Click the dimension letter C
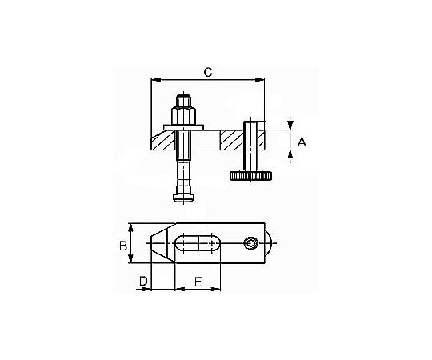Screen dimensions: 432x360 click(x=208, y=72)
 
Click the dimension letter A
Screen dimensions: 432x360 click(x=302, y=142)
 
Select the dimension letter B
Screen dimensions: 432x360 click(x=123, y=246)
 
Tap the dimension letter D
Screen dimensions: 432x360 click(x=143, y=282)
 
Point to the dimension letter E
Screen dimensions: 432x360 click(x=198, y=282)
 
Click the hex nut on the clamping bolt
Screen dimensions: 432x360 click(x=183, y=117)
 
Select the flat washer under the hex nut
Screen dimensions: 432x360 click(x=183, y=127)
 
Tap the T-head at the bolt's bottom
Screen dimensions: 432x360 click(x=183, y=198)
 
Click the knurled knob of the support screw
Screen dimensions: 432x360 click(x=250, y=175)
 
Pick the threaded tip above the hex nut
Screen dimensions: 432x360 click(x=183, y=101)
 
